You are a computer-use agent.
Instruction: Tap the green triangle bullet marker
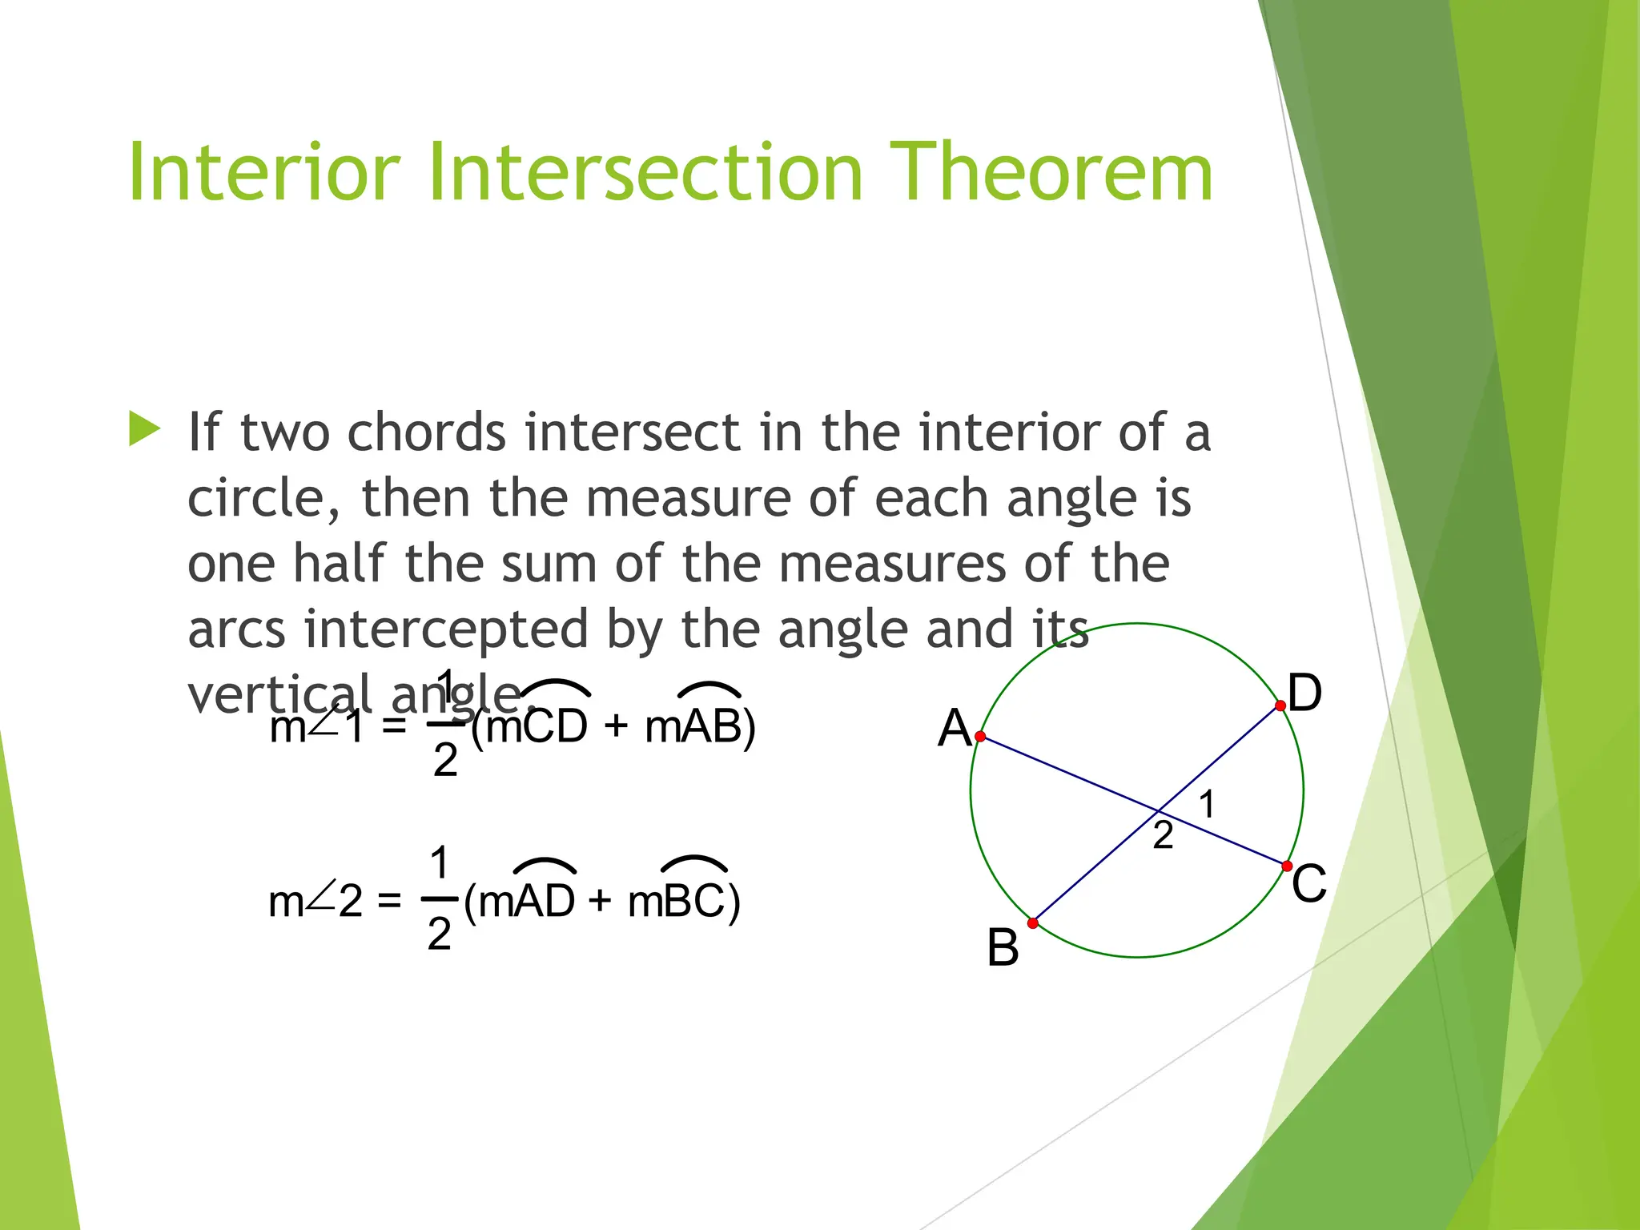coord(144,429)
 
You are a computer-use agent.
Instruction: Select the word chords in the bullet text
coord(426,433)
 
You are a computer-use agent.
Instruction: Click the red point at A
coord(980,736)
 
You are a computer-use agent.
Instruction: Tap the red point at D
coord(1280,705)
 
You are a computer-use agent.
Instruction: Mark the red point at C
coord(1287,866)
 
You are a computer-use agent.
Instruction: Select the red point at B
coord(1033,923)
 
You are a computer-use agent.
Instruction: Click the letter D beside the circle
coord(1305,693)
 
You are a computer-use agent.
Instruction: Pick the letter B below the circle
coord(1003,948)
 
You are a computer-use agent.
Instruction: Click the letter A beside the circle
coord(955,729)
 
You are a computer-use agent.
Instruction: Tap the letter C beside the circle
coord(1309,884)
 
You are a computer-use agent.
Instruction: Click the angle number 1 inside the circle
coord(1207,804)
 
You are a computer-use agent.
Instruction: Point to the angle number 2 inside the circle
coord(1163,836)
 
